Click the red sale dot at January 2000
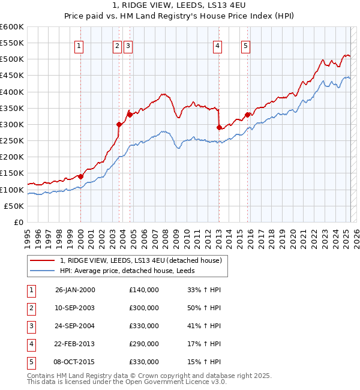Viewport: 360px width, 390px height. point(80,176)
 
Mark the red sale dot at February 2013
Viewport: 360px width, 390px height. point(218,127)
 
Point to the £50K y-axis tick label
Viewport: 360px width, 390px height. point(14,206)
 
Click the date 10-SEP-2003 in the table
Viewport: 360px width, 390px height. point(75,308)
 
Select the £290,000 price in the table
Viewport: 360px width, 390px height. point(144,344)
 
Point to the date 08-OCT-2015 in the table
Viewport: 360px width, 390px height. point(75,362)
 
